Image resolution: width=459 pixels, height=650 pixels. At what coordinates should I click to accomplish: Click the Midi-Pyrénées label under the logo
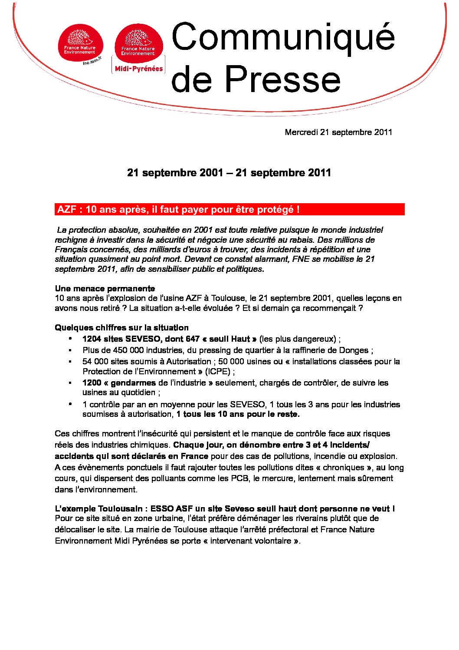point(139,69)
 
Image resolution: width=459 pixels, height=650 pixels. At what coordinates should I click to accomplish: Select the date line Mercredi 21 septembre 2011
point(338,132)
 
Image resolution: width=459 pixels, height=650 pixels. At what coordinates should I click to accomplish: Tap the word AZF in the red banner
point(66,209)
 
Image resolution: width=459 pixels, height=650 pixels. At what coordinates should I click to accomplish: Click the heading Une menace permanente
point(105,288)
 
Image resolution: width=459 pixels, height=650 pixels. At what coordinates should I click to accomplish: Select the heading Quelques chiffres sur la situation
point(121,327)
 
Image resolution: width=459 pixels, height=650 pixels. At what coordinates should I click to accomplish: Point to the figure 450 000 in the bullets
point(129,350)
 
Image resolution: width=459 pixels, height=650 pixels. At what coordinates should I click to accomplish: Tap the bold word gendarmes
point(133,383)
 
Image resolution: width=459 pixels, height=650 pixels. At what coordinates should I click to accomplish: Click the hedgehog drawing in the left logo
point(80,38)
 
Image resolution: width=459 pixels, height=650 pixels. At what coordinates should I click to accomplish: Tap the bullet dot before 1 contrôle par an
point(70,404)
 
